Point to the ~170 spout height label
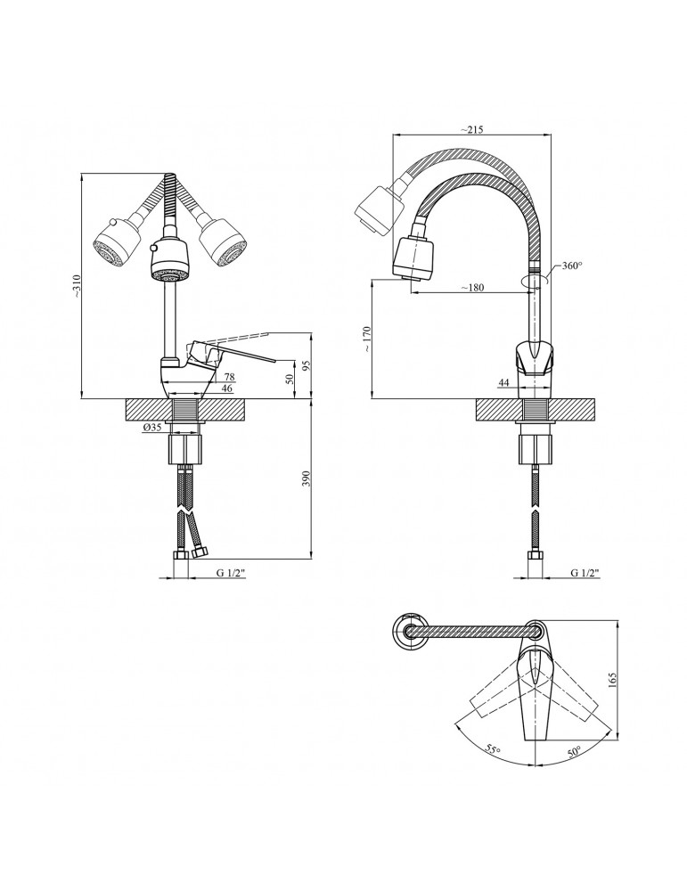tap(367, 339)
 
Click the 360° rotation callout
tap(572, 266)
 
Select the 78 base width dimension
tap(230, 376)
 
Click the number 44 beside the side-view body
tap(504, 383)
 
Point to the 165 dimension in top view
tap(612, 680)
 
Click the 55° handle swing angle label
tap(493, 749)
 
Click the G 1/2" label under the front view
tap(230, 573)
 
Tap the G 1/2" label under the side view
tap(585, 573)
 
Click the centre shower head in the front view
tap(169, 260)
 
